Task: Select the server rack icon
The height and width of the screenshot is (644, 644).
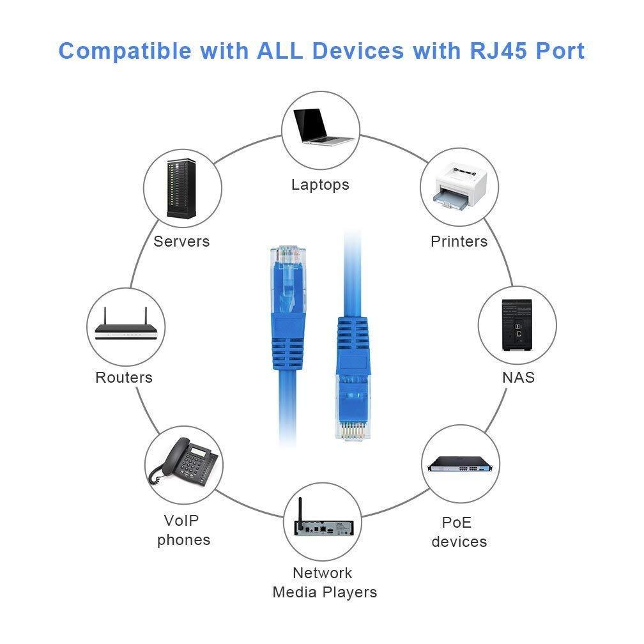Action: pos(183,189)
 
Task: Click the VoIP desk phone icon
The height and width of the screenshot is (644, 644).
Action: pos(183,462)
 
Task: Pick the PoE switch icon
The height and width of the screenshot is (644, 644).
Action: pos(461,465)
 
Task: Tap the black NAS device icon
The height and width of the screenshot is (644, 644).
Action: pos(517,325)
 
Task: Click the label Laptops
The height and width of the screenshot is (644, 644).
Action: pos(320,185)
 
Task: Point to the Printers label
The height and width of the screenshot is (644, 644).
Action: pos(459,241)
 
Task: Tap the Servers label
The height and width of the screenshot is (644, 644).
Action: pos(181,241)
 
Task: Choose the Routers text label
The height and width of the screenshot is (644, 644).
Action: pos(124,378)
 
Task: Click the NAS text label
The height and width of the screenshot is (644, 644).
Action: pos(518,377)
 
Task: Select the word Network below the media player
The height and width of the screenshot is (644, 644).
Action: pos(322,572)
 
